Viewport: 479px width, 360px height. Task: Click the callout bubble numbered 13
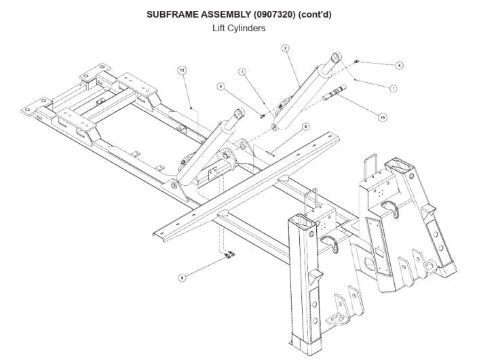tap(181, 71)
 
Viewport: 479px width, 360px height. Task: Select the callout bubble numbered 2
tap(286, 48)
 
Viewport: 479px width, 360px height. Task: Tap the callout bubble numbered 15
tap(383, 117)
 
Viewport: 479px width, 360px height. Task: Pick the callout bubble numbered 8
tap(182, 277)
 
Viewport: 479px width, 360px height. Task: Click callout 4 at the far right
tap(399, 65)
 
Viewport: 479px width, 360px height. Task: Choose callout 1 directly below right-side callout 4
tap(394, 88)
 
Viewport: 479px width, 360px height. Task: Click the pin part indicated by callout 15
tap(337, 95)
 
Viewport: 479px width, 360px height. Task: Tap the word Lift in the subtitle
tap(220, 29)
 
